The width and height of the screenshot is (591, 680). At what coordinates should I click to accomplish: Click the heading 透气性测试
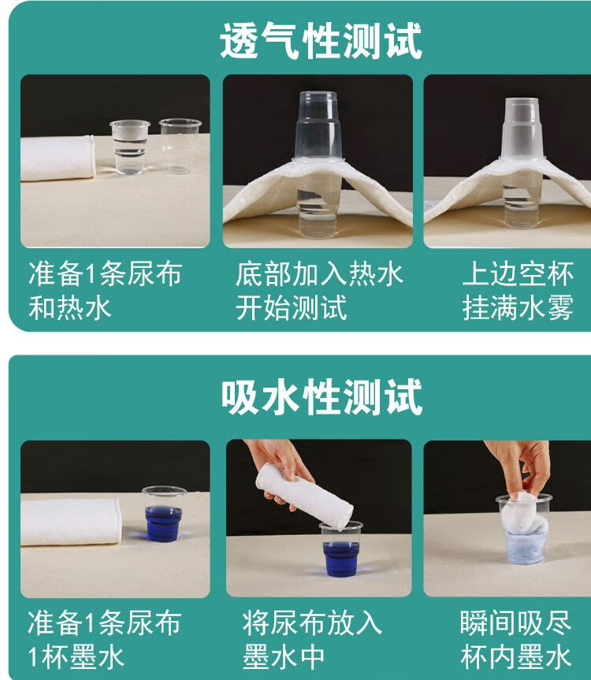coord(321,40)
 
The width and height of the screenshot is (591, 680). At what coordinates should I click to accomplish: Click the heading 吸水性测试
coord(322,397)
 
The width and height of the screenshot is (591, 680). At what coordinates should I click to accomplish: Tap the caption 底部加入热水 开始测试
coord(319,290)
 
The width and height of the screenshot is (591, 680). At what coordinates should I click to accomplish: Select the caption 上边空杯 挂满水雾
coord(518,290)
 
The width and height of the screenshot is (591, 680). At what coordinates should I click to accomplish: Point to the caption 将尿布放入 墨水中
coord(312,639)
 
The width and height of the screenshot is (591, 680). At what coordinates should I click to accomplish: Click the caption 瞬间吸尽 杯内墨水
coord(515,639)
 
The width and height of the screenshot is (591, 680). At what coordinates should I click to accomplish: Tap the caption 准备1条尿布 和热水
coord(105,290)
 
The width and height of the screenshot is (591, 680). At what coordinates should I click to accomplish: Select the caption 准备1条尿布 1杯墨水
coord(104,639)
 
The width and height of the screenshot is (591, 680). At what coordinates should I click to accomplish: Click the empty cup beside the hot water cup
coord(180,146)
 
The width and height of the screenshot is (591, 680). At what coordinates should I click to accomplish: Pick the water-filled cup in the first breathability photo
coord(130,147)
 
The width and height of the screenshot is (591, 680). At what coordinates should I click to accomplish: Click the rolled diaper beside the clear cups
coord(58,158)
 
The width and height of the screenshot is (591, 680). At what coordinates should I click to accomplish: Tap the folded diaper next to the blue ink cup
coord(71,522)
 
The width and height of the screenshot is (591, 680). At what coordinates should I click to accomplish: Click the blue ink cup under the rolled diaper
coord(341,549)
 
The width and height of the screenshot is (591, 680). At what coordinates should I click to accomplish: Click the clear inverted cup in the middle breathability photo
coord(318,125)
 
